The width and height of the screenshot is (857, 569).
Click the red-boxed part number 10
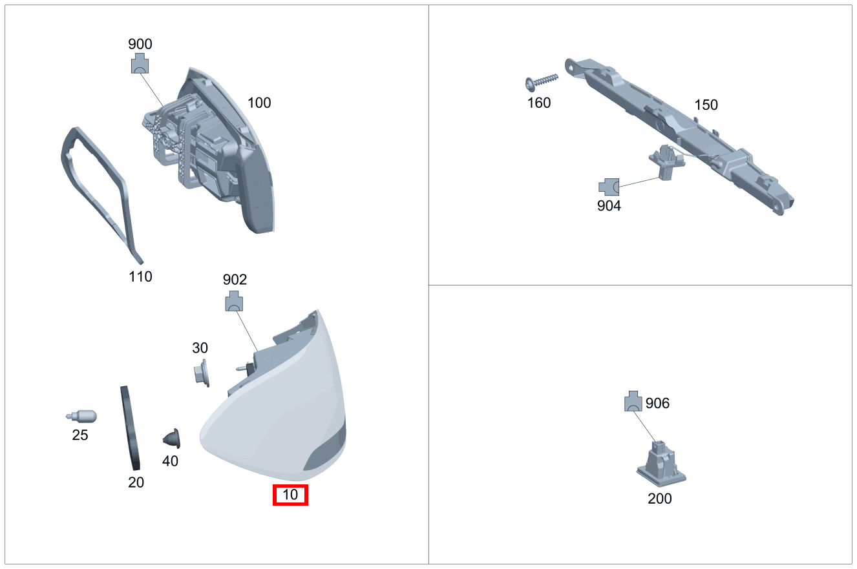coord(290,495)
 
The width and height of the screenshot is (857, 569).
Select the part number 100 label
coord(259,103)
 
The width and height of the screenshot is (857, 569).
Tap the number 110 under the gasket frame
coord(140,276)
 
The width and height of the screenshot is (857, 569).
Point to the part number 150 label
coord(706,105)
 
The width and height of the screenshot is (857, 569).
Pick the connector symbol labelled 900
coord(140,63)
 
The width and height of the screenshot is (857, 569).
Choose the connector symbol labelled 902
coord(234,301)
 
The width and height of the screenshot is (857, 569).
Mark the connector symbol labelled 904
coord(609,187)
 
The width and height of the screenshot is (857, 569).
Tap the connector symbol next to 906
coord(633,401)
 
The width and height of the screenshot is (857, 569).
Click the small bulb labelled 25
coord(81,417)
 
